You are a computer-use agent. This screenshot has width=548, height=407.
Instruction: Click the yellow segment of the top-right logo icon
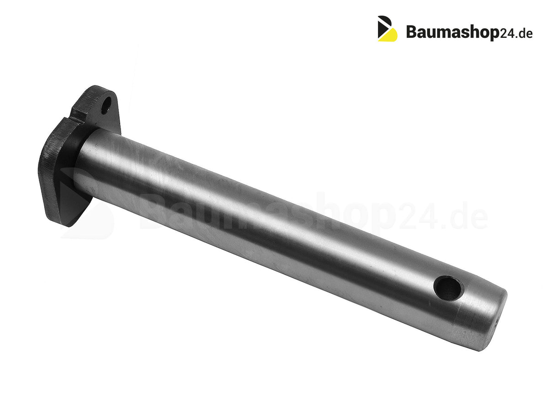(x=390, y=34)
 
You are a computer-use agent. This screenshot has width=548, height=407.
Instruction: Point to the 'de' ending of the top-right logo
(x=525, y=33)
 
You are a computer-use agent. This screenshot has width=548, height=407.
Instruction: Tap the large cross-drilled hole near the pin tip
(x=449, y=288)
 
